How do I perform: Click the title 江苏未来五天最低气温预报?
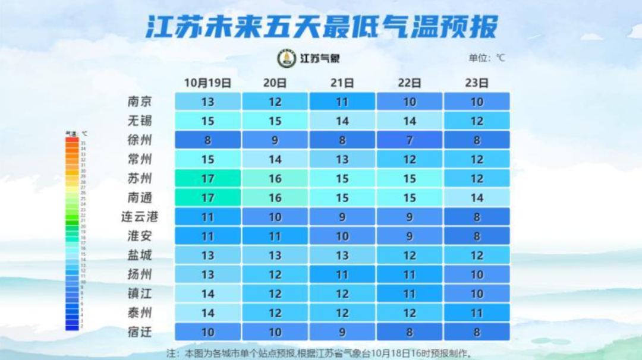pos(321,27)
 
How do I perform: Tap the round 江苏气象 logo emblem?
pos(287,58)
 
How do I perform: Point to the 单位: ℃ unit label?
pos(487,58)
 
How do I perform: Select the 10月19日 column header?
pos(207,83)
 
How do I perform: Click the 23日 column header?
pos(477,83)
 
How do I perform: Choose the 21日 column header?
pos(342,83)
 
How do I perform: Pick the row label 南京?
pos(140,102)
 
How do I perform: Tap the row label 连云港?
pos(140,217)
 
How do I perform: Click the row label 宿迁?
pos(140,331)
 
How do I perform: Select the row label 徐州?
pos(140,140)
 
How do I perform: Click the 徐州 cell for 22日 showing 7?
pos(410,140)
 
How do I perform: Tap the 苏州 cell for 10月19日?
pos(207,178)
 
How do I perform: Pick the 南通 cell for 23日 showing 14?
pos(477,198)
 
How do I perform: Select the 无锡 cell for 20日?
pos(275,121)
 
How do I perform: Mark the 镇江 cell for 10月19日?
pos(207,293)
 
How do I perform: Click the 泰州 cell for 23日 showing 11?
pos(477,312)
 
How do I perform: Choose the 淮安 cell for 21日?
pos(342,236)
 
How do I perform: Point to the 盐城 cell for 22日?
pos(410,255)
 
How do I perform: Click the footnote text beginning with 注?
pos(321,353)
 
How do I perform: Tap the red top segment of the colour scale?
pos(72,140)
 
